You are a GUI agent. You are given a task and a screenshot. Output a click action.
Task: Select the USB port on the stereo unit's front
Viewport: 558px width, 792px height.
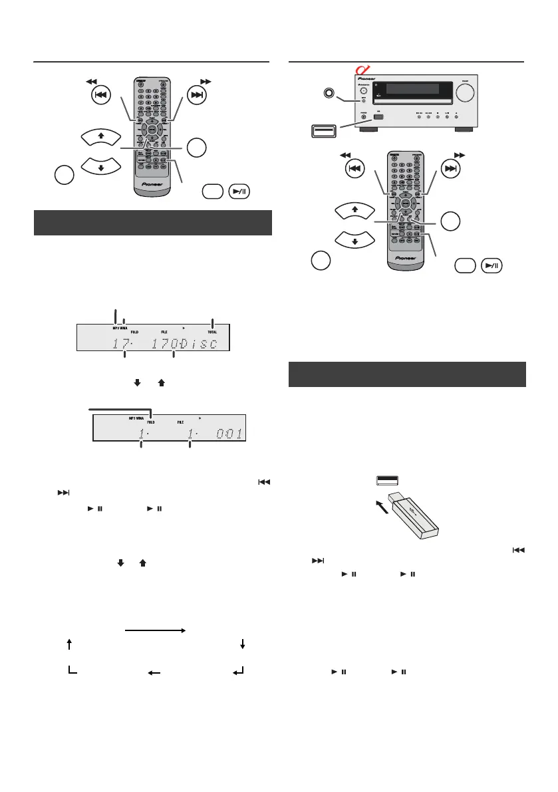click(378, 118)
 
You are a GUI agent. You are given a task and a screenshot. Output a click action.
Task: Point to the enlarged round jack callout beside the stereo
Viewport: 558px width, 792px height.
click(326, 92)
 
